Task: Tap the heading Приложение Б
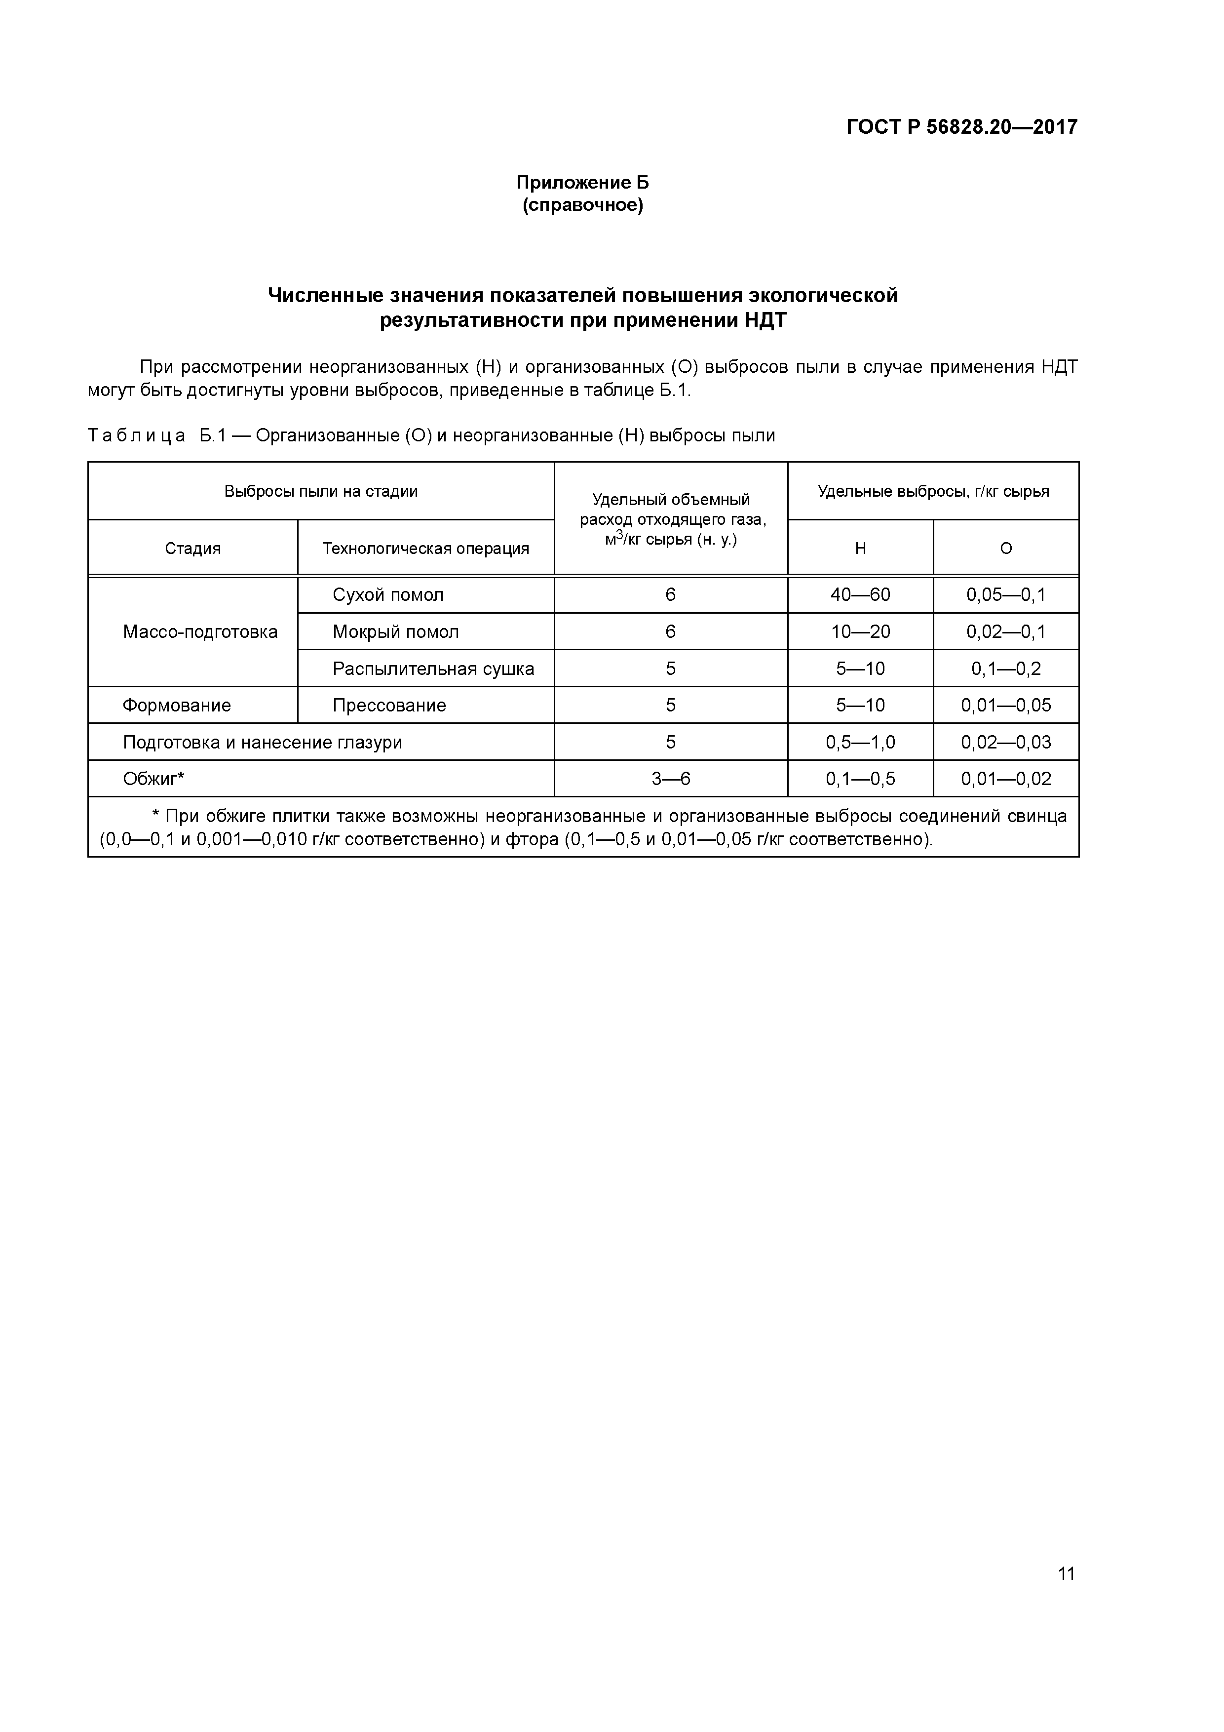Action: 582,183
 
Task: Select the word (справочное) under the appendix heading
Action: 582,205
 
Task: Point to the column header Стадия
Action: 193,549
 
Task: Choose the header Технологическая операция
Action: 425,549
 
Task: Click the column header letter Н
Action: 860,549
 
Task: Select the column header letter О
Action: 1005,549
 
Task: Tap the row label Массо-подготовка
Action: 200,631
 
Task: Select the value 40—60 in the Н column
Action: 860,594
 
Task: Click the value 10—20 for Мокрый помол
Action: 860,631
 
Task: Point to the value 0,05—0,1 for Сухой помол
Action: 1005,594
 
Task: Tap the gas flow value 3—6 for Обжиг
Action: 670,779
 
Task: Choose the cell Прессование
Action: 389,706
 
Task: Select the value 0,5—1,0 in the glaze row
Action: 860,742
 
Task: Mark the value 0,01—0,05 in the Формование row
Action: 1005,706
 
